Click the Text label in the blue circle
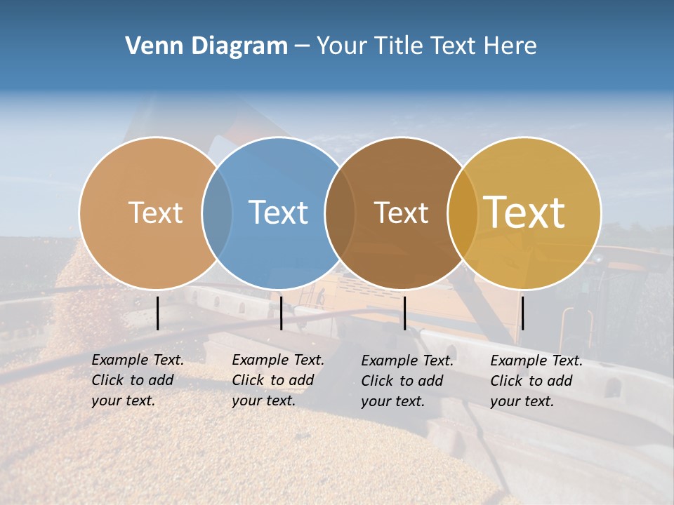coord(279,213)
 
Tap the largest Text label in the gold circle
coord(524,213)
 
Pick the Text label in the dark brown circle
coord(401,213)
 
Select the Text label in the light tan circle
coord(155,213)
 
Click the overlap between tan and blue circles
coord(217,213)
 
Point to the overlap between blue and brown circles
coord(340,213)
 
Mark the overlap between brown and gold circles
coord(462,213)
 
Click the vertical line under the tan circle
coord(157,313)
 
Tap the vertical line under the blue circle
coord(281,313)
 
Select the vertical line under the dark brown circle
coord(404,313)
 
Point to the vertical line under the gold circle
coord(522,313)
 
